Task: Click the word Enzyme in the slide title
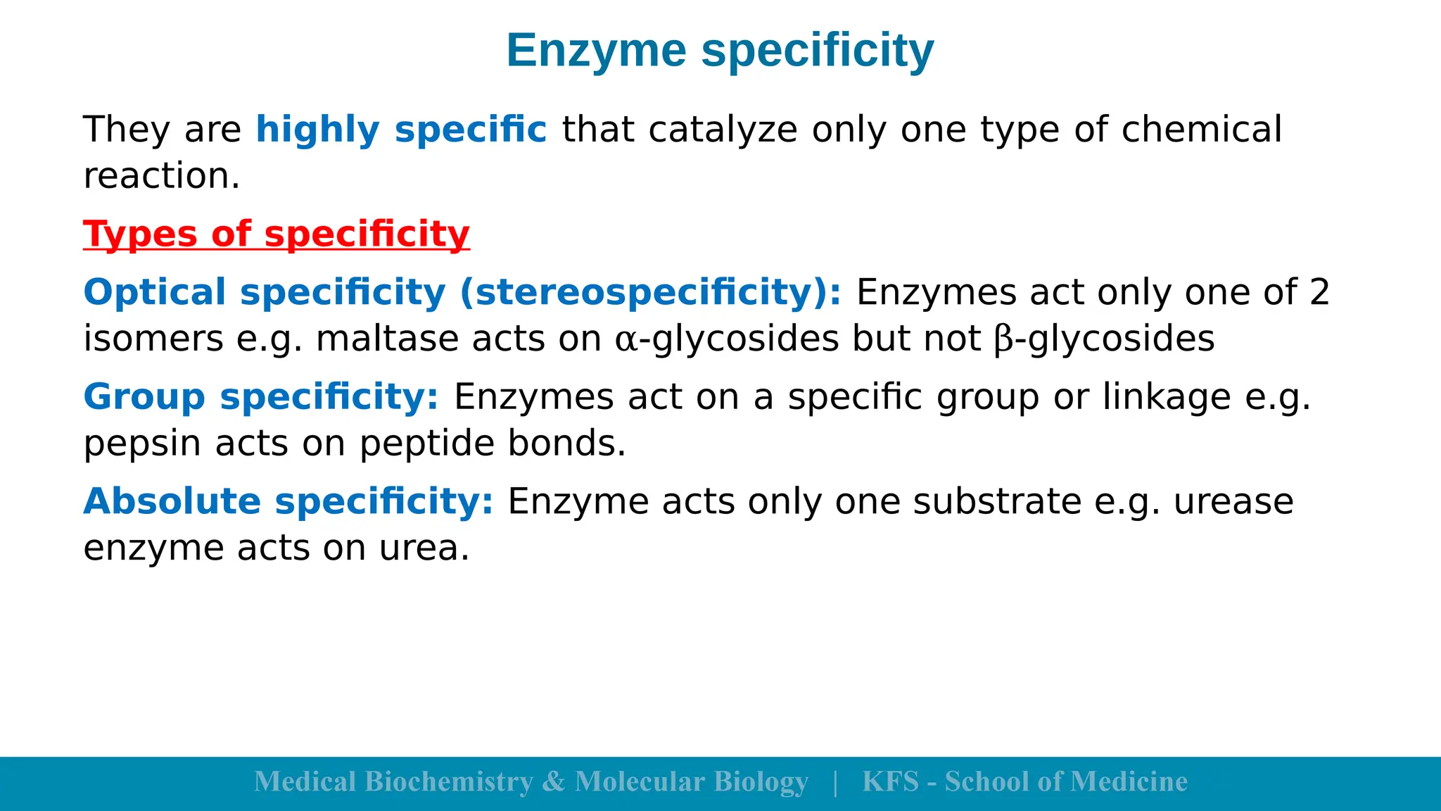596,51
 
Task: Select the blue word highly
317,130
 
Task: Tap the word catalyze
723,130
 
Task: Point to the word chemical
1201,130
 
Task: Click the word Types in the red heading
140,234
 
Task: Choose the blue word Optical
155,292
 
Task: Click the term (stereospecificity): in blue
650,292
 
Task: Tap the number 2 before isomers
1319,292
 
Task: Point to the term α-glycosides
727,339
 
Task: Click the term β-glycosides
1105,339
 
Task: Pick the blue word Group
144,397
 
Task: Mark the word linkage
1167,397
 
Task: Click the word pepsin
141,444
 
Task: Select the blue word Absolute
172,502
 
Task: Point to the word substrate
997,502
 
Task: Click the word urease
1233,502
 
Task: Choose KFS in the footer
890,782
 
